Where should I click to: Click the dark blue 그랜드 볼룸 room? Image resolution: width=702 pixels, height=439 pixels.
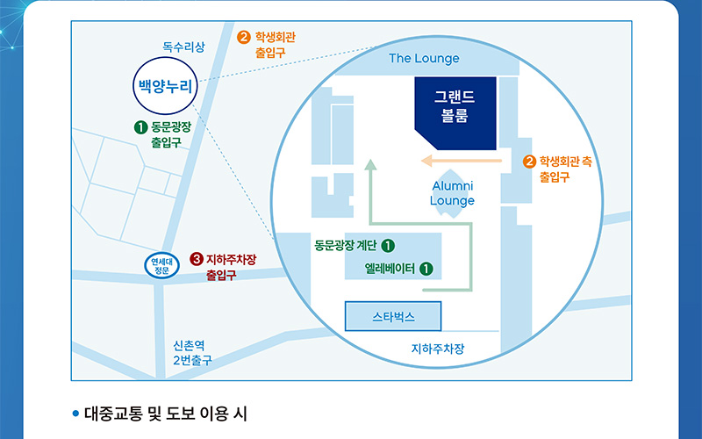tap(455, 112)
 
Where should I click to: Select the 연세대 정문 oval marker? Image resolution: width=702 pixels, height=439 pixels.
tap(161, 265)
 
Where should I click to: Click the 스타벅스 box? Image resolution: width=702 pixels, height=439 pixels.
tap(392, 315)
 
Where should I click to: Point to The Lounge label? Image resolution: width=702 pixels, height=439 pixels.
tap(424, 59)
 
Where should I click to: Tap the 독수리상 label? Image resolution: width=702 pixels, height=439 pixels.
tap(183, 47)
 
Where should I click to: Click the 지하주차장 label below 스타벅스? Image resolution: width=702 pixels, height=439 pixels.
tap(438, 349)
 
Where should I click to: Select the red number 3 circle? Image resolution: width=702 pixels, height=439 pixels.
tap(197, 259)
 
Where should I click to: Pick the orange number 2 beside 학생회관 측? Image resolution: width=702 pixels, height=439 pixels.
tap(529, 162)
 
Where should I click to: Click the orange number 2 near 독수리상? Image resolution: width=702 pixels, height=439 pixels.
tap(244, 37)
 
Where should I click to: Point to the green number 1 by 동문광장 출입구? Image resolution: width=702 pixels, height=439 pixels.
tap(140, 127)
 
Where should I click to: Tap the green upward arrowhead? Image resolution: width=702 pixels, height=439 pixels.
tap(370, 163)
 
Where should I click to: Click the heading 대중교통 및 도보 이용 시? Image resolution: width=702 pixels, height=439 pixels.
tap(166, 413)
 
